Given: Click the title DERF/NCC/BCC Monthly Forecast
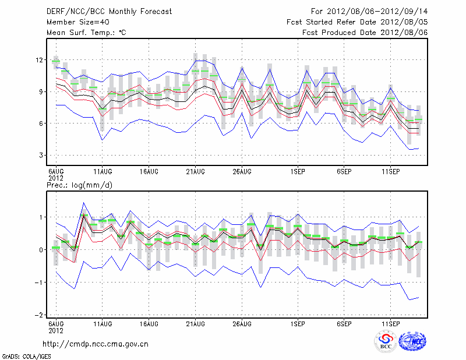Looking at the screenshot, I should pos(101,11).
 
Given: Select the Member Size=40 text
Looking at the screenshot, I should pos(73,22).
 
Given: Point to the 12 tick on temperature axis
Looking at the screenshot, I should pos(39,60).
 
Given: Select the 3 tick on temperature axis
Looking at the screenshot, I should pos(41,156).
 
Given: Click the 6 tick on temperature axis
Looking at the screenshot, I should pos(41,123).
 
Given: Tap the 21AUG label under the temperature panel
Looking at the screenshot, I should pos(195,171).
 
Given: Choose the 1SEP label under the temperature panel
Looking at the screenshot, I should pos(298,171).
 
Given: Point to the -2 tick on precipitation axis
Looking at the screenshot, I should pos(38,315).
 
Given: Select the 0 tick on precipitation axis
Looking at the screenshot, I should pos(41,250).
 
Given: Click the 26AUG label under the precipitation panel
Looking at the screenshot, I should pos(242,323).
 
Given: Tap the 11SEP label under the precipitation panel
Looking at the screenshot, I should pos(391,323).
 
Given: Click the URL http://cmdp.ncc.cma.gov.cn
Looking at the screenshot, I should pos(96,344).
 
